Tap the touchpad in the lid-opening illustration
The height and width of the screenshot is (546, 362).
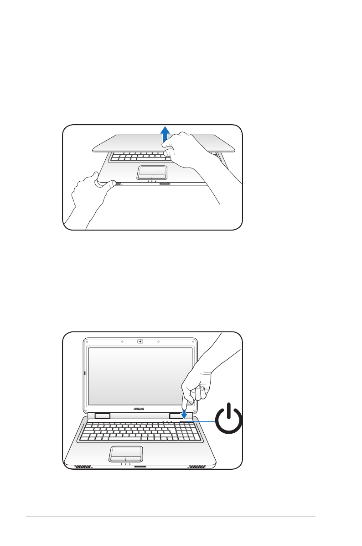coord(152,172)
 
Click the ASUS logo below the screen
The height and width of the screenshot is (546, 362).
coord(139,409)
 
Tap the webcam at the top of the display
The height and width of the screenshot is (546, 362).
coord(140,341)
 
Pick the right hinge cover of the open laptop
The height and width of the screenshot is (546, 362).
coord(176,416)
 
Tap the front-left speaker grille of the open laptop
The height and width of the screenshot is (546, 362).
coord(83,467)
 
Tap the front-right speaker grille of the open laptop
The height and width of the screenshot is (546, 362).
coord(197,467)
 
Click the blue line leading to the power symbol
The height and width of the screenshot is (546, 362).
coord(204,422)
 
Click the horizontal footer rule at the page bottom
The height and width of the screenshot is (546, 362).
coord(171,517)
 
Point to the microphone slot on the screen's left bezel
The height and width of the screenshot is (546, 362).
coord(86,373)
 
